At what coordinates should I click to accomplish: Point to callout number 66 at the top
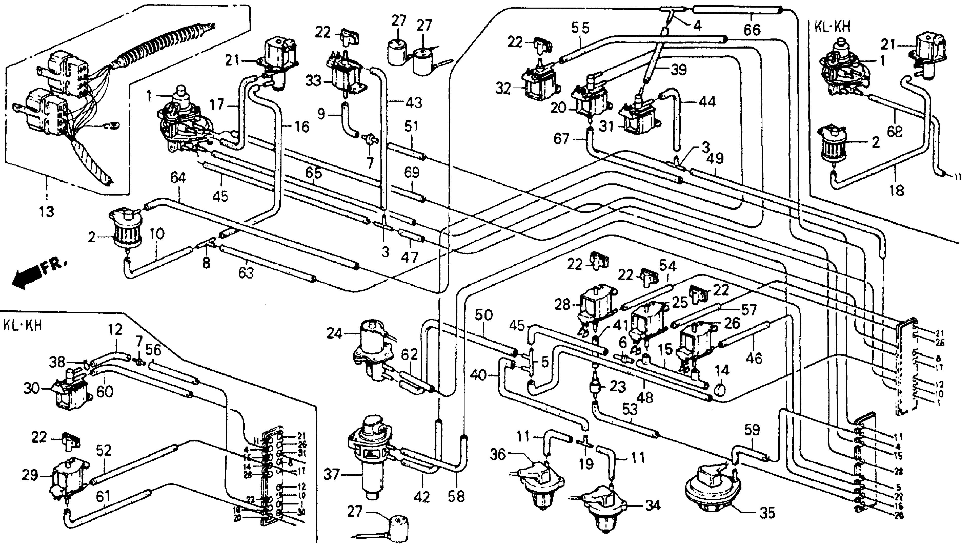(x=752, y=29)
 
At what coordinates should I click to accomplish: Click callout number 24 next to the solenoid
(x=334, y=333)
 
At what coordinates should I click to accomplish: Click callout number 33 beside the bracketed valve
(x=314, y=81)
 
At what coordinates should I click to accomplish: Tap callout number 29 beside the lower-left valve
(x=30, y=475)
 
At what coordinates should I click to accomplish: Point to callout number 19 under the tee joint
(x=586, y=464)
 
